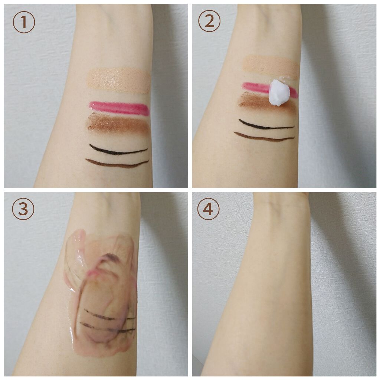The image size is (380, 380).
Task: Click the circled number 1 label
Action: pos(24,22)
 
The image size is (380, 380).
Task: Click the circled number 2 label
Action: pos(209,21)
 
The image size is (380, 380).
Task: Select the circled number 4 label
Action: pos(209,209)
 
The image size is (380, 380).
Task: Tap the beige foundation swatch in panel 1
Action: pos(119,81)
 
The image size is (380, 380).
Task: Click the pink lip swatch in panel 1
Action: pos(119,108)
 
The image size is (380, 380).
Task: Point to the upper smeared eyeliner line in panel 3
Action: pos(109,315)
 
